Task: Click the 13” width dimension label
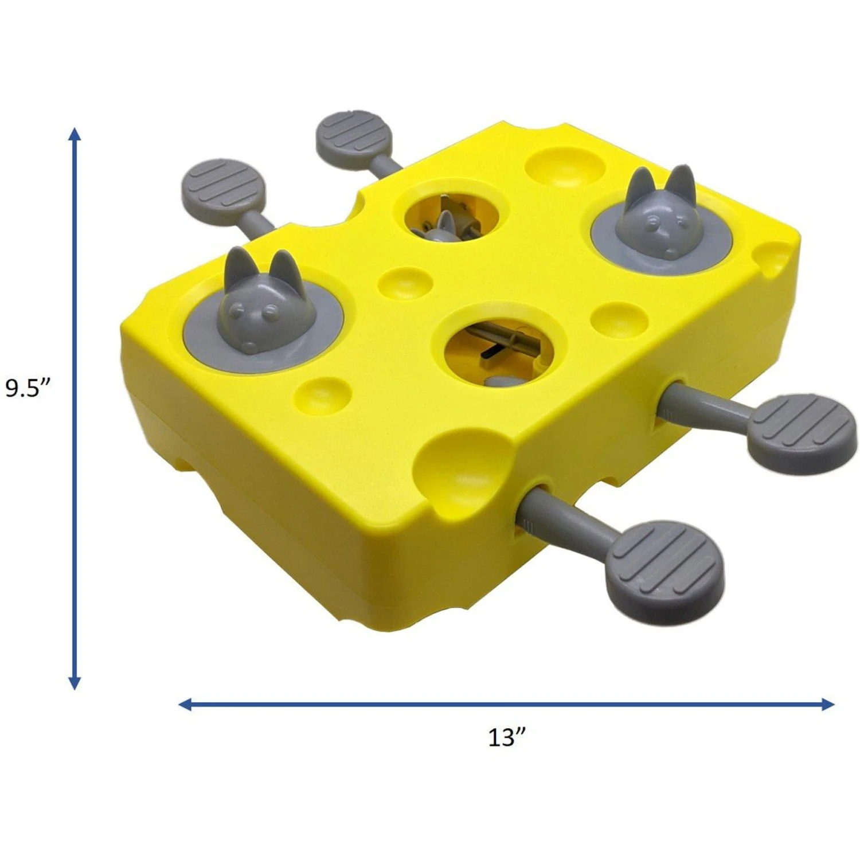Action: tap(506, 737)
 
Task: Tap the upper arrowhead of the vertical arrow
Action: tap(75, 135)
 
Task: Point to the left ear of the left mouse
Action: tap(235, 267)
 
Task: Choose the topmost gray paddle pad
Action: tap(354, 139)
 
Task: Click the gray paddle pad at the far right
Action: tap(803, 433)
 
